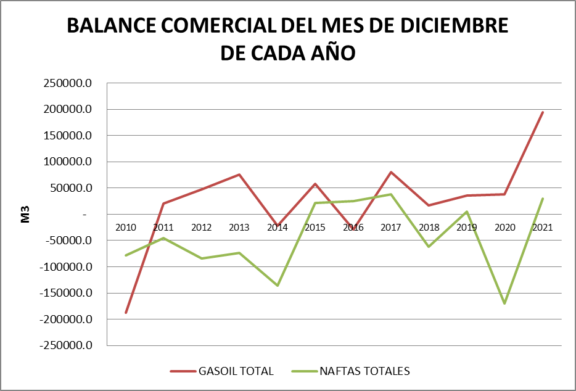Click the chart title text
(x=287, y=39)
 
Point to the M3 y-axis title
(x=25, y=214)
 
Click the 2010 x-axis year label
(x=126, y=227)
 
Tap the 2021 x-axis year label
(x=543, y=227)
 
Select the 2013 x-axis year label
(x=239, y=227)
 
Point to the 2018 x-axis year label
(x=429, y=227)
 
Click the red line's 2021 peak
(x=543, y=112)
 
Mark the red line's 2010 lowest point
(x=126, y=313)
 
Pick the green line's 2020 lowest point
(x=504, y=303)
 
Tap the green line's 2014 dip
(x=278, y=286)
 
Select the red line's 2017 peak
(x=391, y=172)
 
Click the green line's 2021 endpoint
(x=543, y=199)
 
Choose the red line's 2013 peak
(x=239, y=175)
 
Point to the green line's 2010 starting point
(x=126, y=255)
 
